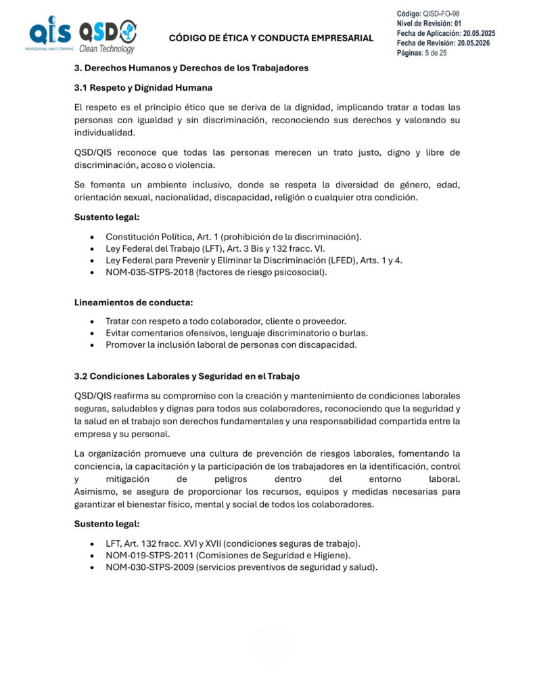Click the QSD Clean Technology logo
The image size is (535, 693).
pos(108,35)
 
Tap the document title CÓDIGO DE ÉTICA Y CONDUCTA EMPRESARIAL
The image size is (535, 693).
pos(271,38)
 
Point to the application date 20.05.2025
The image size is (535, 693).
pos(479,33)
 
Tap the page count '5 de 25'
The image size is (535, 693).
pos(435,53)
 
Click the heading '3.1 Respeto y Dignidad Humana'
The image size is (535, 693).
pos(143,88)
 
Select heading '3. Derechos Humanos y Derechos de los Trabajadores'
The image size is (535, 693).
pos(191,68)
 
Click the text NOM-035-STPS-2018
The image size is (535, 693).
pos(146,273)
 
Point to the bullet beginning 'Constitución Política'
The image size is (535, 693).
pos(233,236)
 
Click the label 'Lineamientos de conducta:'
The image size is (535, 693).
pos(129,303)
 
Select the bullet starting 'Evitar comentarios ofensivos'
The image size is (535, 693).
pos(236,333)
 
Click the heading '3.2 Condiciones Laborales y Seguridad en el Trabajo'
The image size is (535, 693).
pos(187,376)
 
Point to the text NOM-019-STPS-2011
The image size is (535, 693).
pos(146,556)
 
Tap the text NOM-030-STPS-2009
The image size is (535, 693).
pos(147,568)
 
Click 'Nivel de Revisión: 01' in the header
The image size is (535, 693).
pos(429,24)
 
